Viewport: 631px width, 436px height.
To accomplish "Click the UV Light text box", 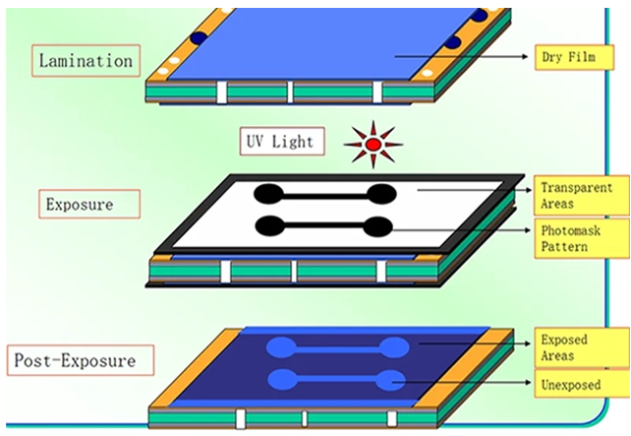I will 279,142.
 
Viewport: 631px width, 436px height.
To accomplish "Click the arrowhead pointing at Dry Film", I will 529,56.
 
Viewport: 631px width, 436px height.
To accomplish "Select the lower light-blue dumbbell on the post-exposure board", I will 337,379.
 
